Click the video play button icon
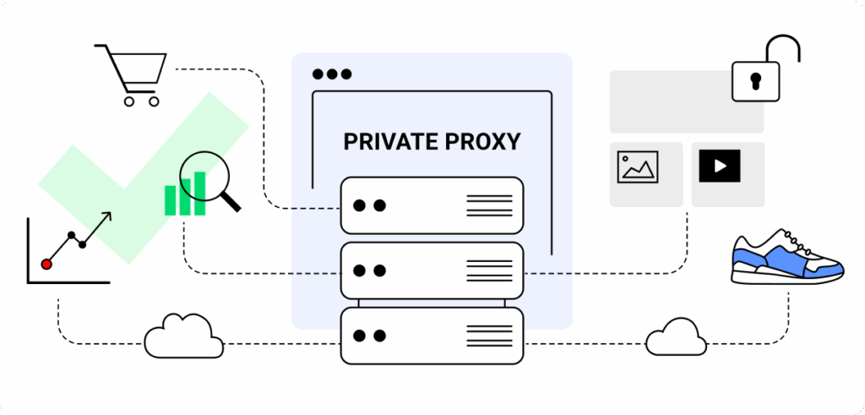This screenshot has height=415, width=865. point(720,166)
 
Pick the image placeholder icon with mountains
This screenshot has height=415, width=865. point(638,167)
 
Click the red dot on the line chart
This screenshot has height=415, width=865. point(46,265)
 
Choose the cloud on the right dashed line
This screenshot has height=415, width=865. point(677,338)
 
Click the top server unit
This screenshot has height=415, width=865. point(432,205)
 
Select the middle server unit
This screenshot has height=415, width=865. point(432,270)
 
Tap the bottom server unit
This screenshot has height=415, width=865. point(432,336)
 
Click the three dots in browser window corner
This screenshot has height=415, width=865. point(331,74)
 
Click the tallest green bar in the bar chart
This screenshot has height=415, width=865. point(200,193)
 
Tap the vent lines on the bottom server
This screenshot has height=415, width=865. point(489,336)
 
